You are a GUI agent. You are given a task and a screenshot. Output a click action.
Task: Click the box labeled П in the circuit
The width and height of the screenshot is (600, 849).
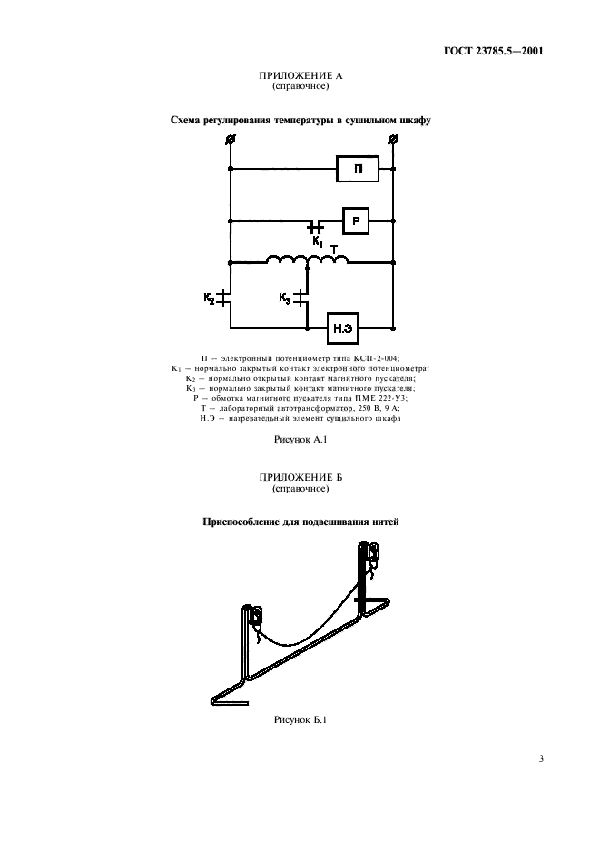tap(358, 169)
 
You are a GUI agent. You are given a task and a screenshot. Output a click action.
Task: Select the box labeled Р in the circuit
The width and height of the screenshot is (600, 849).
tap(357, 220)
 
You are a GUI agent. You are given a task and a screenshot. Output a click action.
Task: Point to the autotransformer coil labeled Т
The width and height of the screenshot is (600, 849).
tap(307, 260)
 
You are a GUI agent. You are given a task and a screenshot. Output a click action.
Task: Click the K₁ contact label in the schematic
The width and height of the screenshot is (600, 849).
tap(317, 242)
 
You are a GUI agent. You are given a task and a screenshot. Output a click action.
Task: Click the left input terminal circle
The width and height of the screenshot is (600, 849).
tap(231, 139)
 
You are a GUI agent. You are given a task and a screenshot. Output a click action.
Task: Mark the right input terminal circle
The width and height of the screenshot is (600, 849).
tap(392, 139)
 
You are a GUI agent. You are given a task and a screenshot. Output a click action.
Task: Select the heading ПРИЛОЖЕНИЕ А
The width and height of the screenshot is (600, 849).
tap(300, 76)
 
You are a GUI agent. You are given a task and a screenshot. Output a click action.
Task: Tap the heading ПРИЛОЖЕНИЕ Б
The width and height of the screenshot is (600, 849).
tap(300, 477)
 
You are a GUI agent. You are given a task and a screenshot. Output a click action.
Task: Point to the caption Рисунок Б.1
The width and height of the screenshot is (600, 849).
tap(300, 721)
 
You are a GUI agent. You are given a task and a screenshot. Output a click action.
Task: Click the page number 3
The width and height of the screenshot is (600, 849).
tap(540, 758)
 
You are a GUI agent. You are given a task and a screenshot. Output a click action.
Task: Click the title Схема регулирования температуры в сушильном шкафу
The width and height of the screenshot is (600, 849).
tap(300, 120)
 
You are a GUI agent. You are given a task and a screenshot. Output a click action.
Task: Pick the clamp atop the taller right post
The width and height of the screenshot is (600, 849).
tap(370, 554)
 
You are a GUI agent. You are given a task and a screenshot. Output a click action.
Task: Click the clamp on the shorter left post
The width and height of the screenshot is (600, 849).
tap(256, 617)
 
